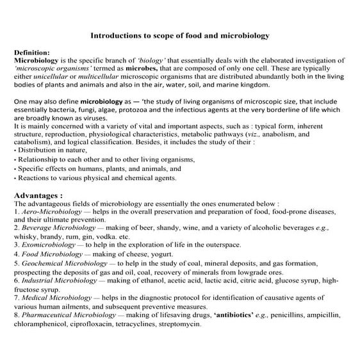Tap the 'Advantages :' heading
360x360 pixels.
pyautogui.click(x=38, y=194)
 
